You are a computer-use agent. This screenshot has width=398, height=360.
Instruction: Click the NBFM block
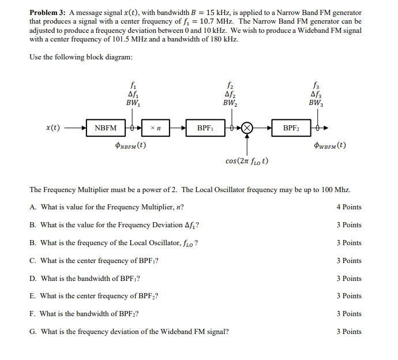pyautogui.click(x=106, y=127)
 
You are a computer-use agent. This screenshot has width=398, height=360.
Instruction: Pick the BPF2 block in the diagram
pyautogui.click(x=291, y=127)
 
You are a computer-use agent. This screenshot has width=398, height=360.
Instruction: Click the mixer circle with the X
pyautogui.click(x=247, y=127)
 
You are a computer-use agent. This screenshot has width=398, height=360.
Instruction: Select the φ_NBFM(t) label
pyautogui.click(x=131, y=145)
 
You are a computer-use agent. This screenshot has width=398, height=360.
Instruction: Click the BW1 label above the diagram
pyautogui.click(x=133, y=103)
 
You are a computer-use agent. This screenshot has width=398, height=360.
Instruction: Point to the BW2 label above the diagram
pyautogui.click(x=230, y=103)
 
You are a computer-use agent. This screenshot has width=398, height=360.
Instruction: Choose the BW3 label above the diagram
pyautogui.click(x=315, y=103)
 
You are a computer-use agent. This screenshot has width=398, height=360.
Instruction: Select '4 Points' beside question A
pyautogui.click(x=349, y=207)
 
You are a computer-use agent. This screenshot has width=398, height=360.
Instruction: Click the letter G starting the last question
pyautogui.click(x=32, y=332)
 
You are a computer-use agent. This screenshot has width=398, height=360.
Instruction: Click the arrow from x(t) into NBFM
pyautogui.click(x=77, y=127)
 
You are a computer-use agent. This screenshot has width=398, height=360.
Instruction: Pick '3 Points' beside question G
pyautogui.click(x=349, y=332)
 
